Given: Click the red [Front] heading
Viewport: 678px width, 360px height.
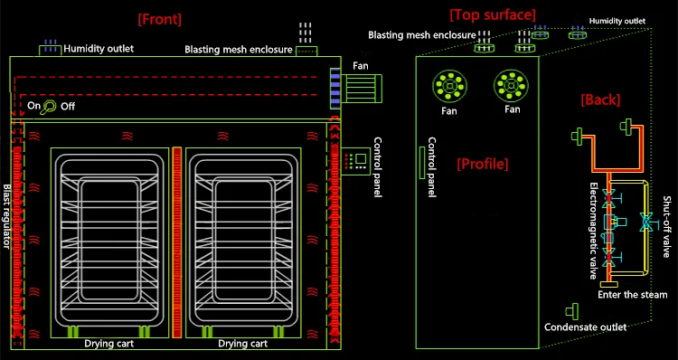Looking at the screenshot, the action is (159, 20).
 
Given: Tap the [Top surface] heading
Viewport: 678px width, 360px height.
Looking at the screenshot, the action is (493, 15).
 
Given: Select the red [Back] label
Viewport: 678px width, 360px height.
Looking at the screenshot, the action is (600, 100).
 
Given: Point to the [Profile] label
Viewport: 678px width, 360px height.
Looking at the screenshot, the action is (483, 164).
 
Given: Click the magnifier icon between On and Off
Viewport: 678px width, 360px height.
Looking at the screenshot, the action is (47, 107).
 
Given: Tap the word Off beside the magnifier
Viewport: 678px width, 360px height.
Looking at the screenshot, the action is (68, 106).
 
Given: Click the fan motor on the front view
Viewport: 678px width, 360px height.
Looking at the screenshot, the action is (362, 89).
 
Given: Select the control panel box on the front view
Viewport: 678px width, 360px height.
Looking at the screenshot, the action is (356, 161).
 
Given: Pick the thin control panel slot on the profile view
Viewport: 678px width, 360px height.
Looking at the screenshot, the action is (422, 162).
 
